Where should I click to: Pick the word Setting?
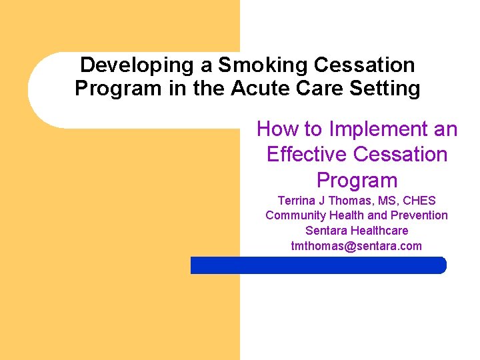[x=386, y=88]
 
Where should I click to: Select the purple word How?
[x=279, y=129]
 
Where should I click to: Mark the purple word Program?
[x=357, y=181]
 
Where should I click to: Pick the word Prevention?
[x=419, y=215]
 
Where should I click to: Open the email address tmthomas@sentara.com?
[x=357, y=246]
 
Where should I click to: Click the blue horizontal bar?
[x=318, y=265]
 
